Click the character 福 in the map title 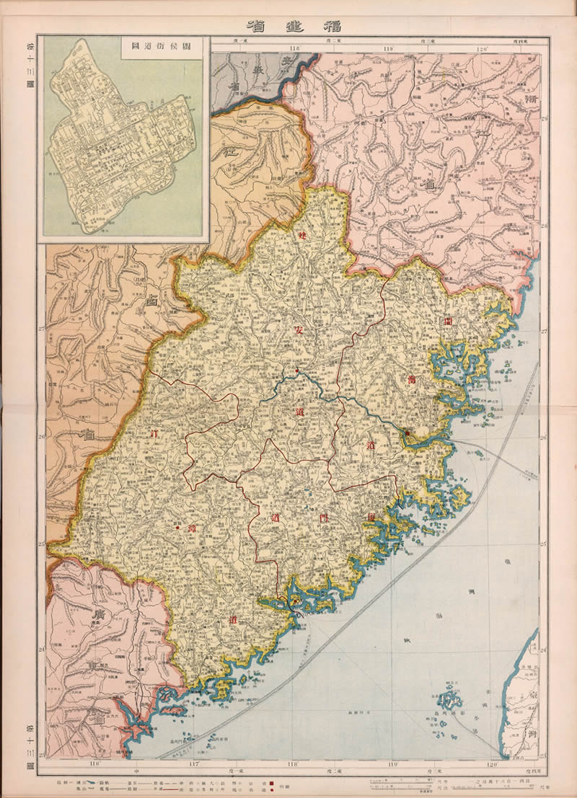tap(333, 25)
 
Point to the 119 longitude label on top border tap(389, 49)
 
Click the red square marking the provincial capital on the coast tap(407, 433)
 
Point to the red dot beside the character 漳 tap(177, 528)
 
